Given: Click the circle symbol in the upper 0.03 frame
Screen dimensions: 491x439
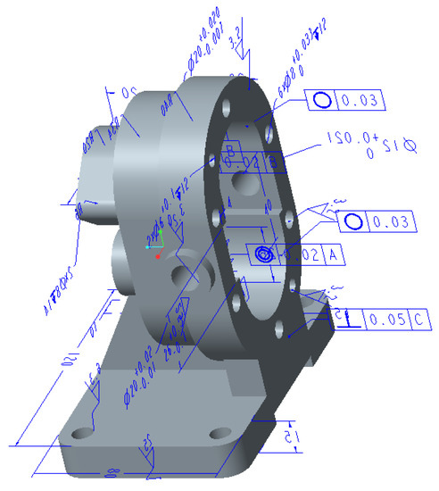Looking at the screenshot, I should click(322, 101).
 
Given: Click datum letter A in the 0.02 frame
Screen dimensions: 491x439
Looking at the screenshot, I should click(331, 255).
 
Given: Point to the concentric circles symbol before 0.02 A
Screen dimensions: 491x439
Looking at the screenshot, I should click(264, 254).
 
